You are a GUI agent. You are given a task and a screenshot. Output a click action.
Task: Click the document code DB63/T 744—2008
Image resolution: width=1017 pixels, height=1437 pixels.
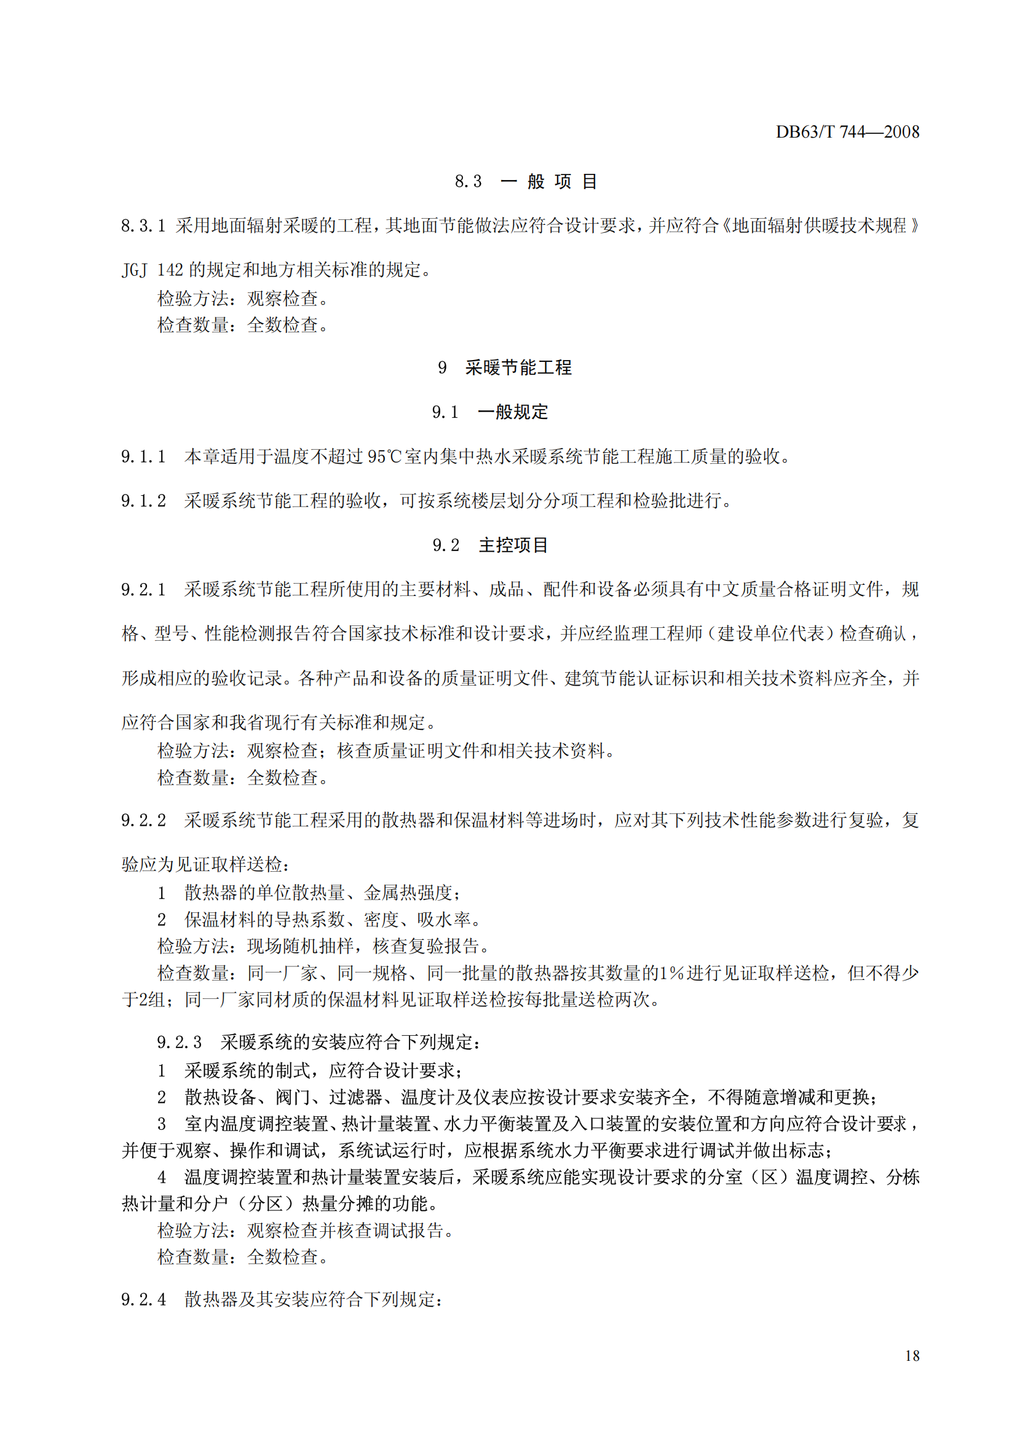(847, 132)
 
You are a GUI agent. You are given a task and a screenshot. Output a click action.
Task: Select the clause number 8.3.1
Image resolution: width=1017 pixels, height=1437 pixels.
(143, 225)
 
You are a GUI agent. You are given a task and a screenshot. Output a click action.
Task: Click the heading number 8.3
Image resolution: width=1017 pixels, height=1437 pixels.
(468, 181)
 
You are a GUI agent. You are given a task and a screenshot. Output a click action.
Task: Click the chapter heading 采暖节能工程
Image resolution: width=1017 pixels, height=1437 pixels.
(518, 367)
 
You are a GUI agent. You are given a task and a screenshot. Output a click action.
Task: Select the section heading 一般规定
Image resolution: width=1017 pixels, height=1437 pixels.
(512, 412)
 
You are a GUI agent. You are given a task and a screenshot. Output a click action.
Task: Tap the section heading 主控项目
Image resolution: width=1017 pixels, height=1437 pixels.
(513, 545)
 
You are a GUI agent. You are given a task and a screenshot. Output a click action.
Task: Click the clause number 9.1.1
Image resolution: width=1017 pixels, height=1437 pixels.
(143, 457)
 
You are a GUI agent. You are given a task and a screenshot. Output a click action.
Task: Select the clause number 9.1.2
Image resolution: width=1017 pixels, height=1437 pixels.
(143, 501)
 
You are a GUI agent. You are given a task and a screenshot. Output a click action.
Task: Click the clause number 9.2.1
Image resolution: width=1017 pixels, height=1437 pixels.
(143, 590)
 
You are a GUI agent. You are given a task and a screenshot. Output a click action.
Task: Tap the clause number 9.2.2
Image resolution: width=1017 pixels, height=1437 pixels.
(143, 820)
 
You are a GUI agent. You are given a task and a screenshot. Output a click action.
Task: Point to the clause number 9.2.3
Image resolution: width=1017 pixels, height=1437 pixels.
(179, 1042)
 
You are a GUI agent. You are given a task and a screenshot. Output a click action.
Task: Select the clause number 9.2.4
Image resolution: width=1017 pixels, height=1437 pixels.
(143, 1300)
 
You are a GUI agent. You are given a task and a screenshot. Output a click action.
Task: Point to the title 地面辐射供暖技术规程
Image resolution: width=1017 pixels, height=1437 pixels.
(819, 225)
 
